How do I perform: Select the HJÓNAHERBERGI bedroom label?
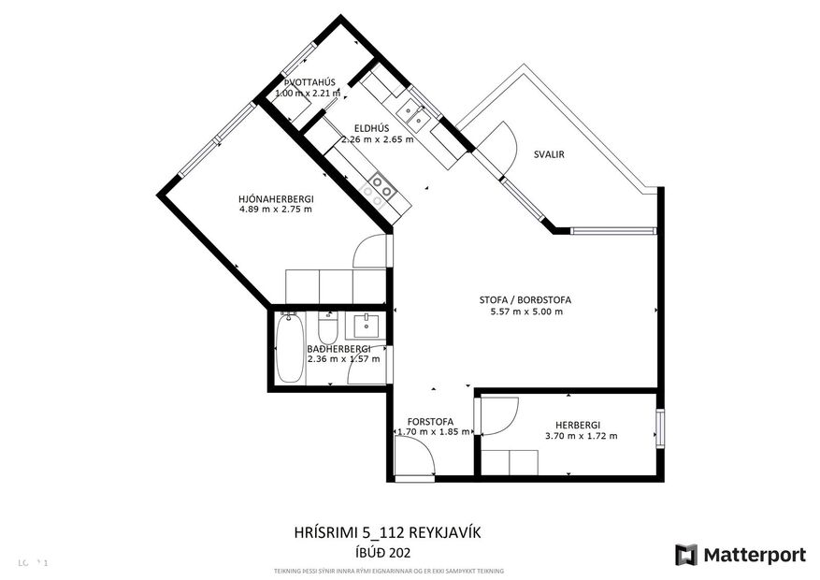click(x=276, y=198)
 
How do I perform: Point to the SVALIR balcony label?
click(x=549, y=155)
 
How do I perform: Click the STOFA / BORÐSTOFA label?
click(x=525, y=300)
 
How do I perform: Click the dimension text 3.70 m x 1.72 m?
click(x=581, y=435)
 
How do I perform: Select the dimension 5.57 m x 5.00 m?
click(x=526, y=312)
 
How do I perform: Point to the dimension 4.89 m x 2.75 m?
click(x=276, y=210)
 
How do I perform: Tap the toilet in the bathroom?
click(x=327, y=329)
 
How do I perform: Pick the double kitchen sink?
click(x=412, y=115)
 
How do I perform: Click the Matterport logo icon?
click(x=686, y=555)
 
